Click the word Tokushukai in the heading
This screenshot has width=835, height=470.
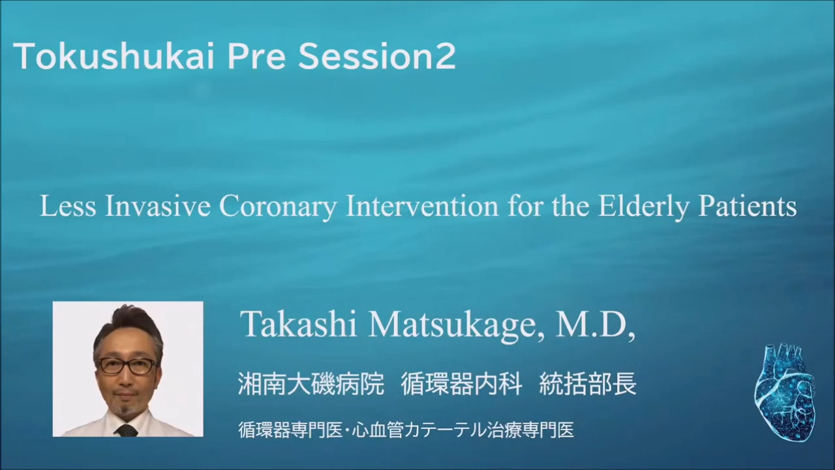point(114,56)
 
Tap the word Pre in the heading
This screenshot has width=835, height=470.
point(256,57)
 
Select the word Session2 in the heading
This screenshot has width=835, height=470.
point(377,57)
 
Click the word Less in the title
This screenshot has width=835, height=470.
point(67,206)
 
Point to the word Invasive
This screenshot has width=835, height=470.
point(158,206)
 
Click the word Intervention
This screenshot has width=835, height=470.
point(422,206)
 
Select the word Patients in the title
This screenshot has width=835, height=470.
point(748,206)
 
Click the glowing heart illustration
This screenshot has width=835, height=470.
point(785,391)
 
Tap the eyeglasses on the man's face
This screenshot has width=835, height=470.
point(128,366)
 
